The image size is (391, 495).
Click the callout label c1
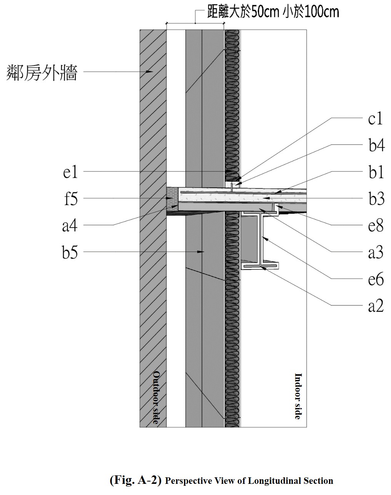(x=375, y=119)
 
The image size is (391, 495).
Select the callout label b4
(x=376, y=146)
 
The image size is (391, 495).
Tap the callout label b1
(x=376, y=172)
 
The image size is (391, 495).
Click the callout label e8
(x=376, y=225)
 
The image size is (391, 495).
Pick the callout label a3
(x=376, y=252)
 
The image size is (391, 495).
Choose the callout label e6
(x=376, y=279)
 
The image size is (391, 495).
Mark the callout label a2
(x=376, y=306)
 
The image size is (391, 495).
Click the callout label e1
(x=70, y=172)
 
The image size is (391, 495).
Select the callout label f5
(x=70, y=199)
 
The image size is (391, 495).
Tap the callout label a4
(x=70, y=225)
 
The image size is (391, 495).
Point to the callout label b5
(x=70, y=253)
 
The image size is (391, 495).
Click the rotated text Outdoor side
(x=155, y=397)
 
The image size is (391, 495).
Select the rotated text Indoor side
(x=298, y=396)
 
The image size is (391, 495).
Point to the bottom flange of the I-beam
(x=259, y=266)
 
